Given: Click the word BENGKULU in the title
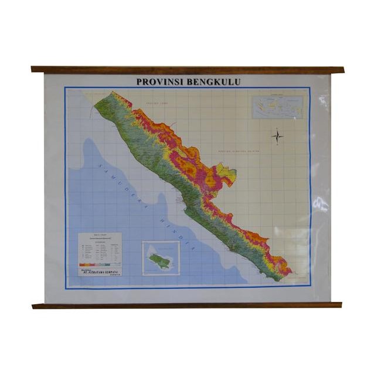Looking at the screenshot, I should [x=213, y=82].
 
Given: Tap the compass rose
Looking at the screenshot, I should [x=277, y=137].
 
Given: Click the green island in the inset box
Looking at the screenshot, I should [x=159, y=259].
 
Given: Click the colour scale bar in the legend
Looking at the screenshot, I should [x=100, y=266].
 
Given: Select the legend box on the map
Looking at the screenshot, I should [x=100, y=254].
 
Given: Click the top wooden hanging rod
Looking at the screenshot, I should [x=188, y=69].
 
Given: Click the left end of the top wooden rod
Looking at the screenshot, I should [x=34, y=69].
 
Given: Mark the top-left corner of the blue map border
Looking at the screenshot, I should [x=66, y=88].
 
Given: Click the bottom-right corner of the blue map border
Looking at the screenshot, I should [x=310, y=287].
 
